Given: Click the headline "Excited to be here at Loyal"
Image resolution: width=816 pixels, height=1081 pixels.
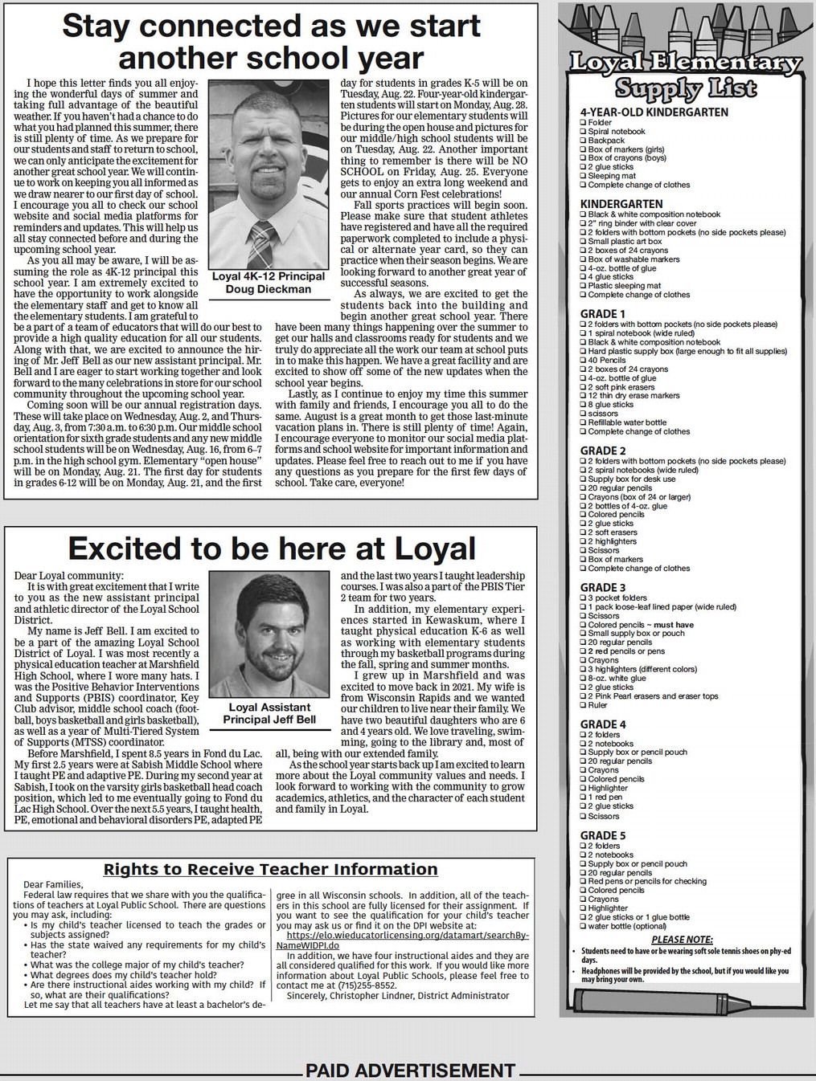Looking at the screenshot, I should pos(272,549).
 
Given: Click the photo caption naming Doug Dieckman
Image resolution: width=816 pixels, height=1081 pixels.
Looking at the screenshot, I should pos(269,283).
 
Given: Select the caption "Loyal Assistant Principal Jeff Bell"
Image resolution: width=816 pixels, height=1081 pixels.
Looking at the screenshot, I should pos(269,713).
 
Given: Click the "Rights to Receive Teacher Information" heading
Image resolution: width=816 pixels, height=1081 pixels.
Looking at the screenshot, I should pos(271,869).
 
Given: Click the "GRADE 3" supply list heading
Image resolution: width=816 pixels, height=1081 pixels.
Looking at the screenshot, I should pos(603,588).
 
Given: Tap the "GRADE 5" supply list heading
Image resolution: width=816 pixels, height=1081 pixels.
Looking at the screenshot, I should pos(603,835).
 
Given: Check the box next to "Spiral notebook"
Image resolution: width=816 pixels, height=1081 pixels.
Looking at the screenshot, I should pos(584,131).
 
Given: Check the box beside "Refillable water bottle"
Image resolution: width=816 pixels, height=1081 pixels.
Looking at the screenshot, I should pos(584,422).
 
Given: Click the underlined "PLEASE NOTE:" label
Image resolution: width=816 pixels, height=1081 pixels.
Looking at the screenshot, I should pos(682,939).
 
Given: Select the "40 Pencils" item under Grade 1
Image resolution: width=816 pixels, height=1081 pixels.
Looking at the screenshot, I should pos(607,360).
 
